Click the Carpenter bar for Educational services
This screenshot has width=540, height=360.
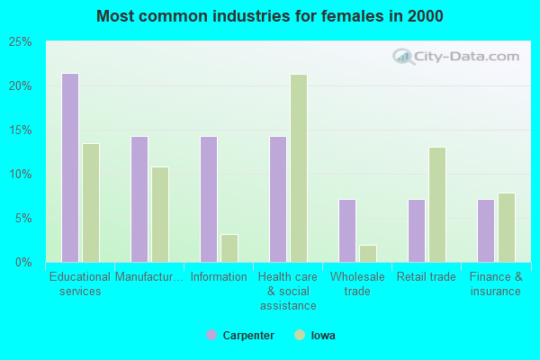point(70,167)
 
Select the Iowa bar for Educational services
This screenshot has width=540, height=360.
point(91,202)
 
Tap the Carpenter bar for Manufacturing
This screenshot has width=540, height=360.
point(139,199)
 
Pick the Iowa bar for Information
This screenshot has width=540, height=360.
point(229,248)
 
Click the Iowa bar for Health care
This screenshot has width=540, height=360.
point(299,168)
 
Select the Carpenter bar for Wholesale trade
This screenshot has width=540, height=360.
point(347,230)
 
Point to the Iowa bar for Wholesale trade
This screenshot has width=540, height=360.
point(368,254)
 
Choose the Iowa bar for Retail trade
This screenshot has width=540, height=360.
point(437,204)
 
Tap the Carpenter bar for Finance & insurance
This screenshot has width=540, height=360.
point(486,230)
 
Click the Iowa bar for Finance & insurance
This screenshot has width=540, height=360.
point(507,228)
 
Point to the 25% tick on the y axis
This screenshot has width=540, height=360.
point(21,42)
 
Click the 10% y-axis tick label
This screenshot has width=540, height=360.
point(21,174)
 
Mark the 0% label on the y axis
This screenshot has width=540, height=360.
point(23,262)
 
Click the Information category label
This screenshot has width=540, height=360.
point(219,277)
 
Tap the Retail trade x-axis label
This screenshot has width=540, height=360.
point(427,277)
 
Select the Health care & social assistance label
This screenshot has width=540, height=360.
point(288,291)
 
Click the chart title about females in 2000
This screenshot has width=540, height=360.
point(270,16)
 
